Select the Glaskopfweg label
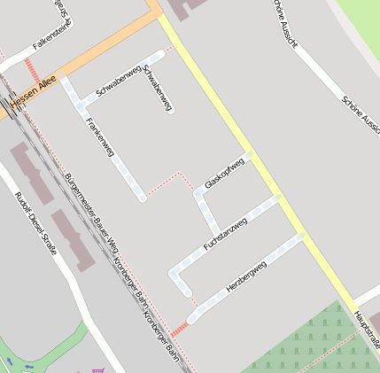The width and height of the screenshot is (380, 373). coord(224,174)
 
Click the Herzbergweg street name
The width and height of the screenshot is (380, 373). coord(246,277)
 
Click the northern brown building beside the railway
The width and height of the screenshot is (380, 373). coord(31,172)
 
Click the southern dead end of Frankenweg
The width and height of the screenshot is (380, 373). coord(142,198)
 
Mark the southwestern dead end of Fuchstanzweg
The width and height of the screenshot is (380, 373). coord(187,291)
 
